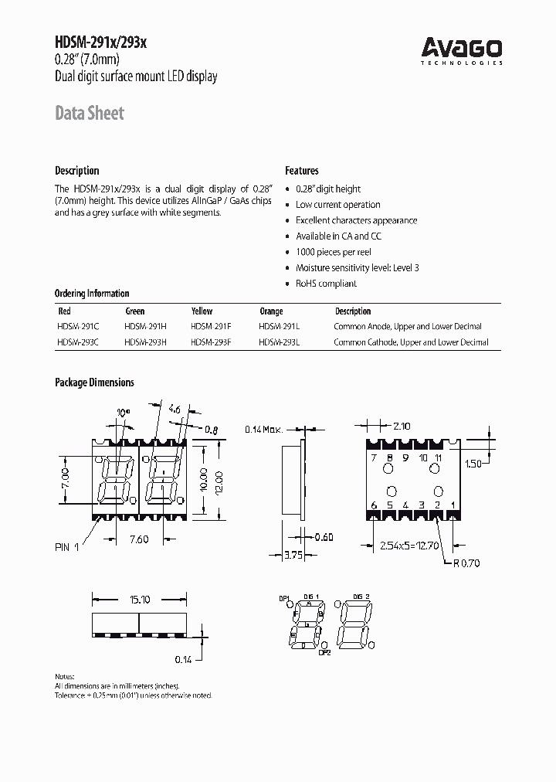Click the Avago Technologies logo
[x=461, y=51]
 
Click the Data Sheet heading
[x=89, y=113]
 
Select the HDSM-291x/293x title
[x=100, y=45]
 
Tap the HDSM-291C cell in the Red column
[x=76, y=326]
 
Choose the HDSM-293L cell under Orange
[x=280, y=342]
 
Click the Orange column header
[x=271, y=311]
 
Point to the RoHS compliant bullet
[x=326, y=284]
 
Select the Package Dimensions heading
[x=94, y=382]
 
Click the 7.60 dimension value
[x=140, y=539]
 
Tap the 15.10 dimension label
[x=139, y=598]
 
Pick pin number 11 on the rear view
[x=439, y=457]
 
